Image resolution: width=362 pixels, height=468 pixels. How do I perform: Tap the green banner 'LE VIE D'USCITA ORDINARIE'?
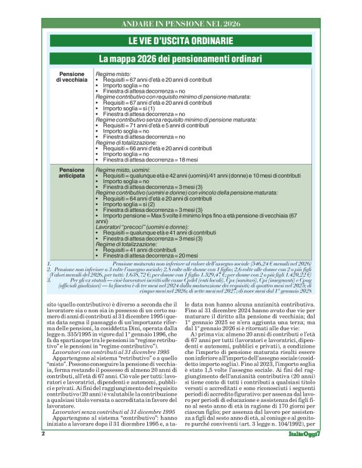pos(180,41)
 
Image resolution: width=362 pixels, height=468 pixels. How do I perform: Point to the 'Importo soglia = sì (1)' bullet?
pos(129,109)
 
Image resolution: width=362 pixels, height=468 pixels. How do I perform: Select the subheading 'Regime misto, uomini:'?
pos(125,170)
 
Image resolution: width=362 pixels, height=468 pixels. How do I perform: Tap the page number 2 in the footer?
pos(42,451)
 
